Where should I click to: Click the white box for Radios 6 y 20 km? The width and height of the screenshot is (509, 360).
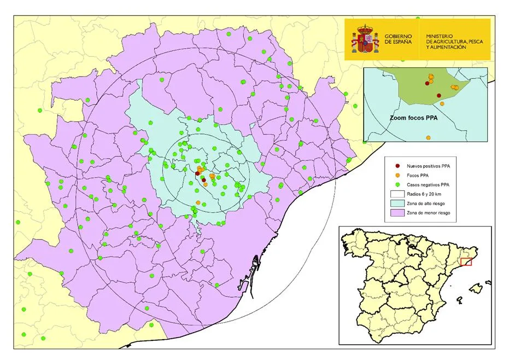398,194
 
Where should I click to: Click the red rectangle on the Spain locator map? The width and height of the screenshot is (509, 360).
466,262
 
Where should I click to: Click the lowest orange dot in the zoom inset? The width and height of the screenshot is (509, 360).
442,103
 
